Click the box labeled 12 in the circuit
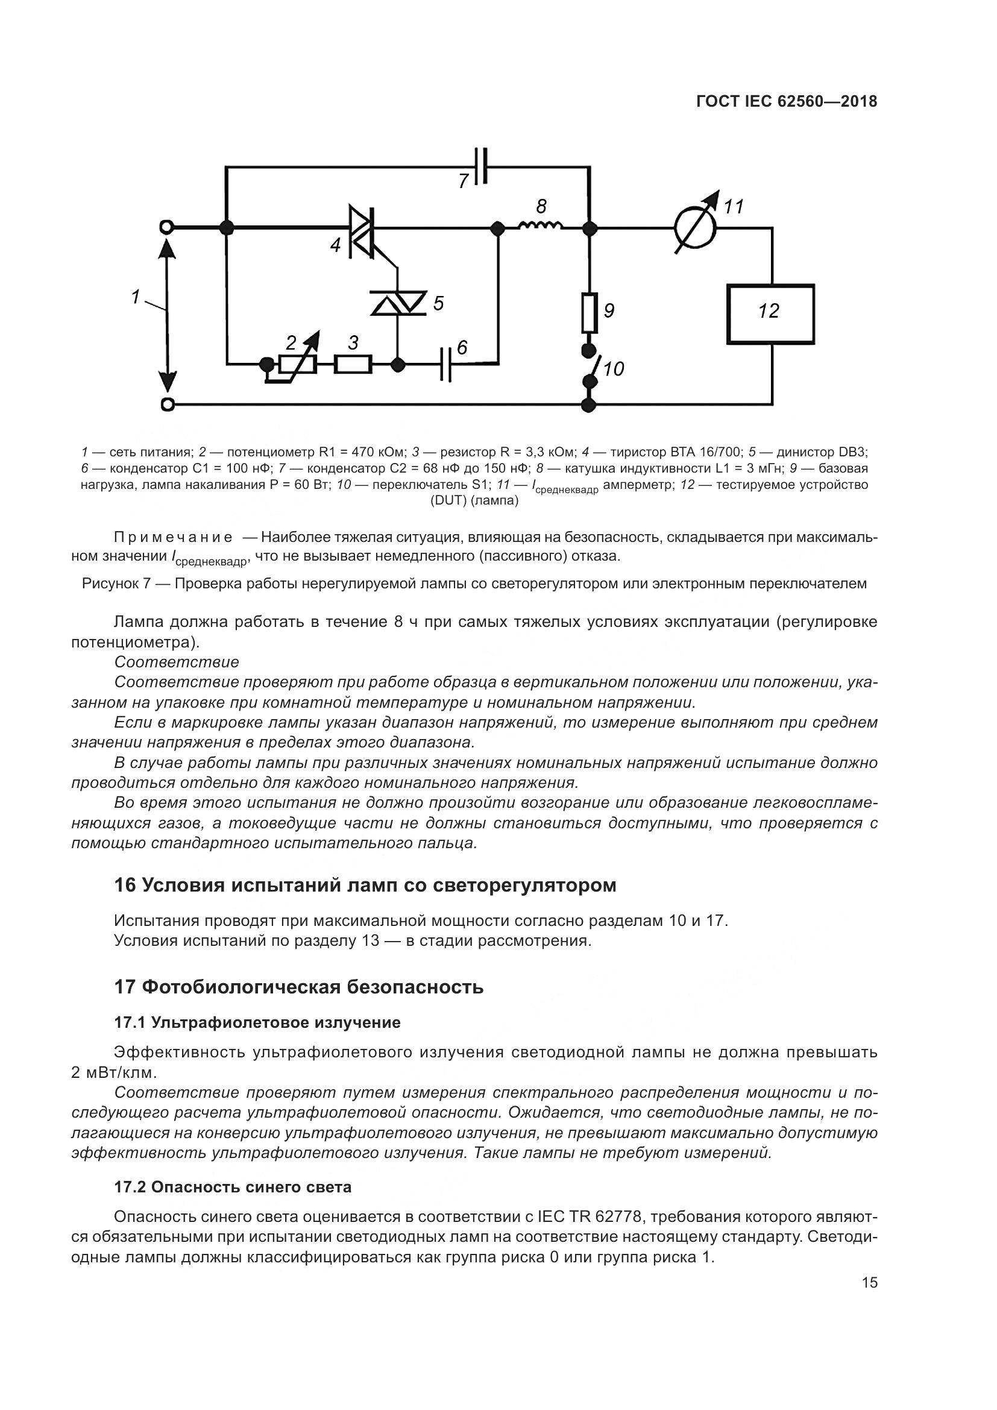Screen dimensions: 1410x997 point(770,314)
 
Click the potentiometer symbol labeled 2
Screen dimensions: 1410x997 point(298,364)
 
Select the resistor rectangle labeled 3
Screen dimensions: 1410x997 point(353,364)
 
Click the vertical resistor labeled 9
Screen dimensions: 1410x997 point(590,312)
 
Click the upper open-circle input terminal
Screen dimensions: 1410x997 point(166,228)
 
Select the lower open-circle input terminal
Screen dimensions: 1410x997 point(166,404)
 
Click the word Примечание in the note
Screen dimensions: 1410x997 point(173,538)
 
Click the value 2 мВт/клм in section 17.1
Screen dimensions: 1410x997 point(114,1073)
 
